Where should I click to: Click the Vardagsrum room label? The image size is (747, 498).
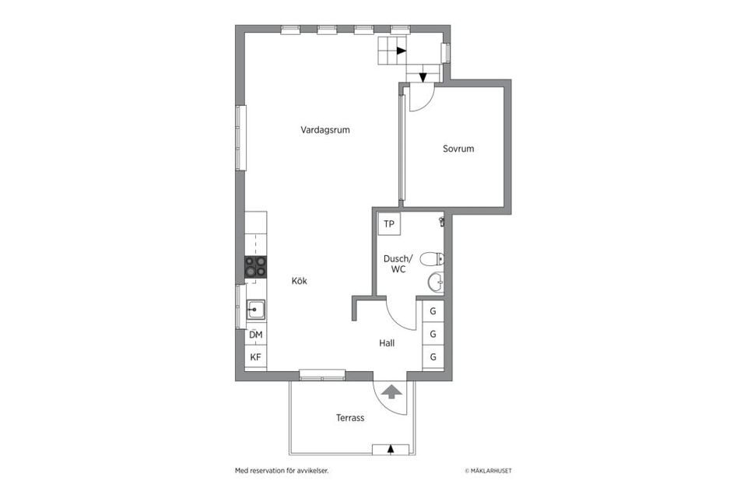pyautogui.click(x=325, y=130)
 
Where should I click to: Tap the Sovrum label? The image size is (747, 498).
pyautogui.click(x=458, y=149)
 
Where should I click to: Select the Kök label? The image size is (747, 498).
pyautogui.click(x=300, y=282)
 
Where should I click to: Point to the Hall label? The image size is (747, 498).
pyautogui.click(x=388, y=342)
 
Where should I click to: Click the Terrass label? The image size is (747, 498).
pyautogui.click(x=350, y=418)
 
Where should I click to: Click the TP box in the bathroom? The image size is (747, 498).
pyautogui.click(x=389, y=225)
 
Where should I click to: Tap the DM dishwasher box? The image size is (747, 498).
pyautogui.click(x=256, y=335)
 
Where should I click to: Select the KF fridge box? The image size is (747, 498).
pyautogui.click(x=256, y=357)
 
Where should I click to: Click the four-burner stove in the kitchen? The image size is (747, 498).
pyautogui.click(x=256, y=267)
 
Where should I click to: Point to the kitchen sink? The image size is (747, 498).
pyautogui.click(x=256, y=310)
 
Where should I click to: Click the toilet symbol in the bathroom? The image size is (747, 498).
pyautogui.click(x=431, y=259)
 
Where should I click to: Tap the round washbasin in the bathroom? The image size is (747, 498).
pyautogui.click(x=435, y=282)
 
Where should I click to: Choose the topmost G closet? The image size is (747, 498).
pyautogui.click(x=433, y=312)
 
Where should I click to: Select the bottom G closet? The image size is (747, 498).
pyautogui.click(x=433, y=357)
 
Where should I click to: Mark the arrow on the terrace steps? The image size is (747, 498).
pyautogui.click(x=391, y=448)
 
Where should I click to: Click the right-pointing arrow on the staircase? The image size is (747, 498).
pyautogui.click(x=400, y=51)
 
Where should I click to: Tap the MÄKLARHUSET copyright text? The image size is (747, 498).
pyautogui.click(x=488, y=471)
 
